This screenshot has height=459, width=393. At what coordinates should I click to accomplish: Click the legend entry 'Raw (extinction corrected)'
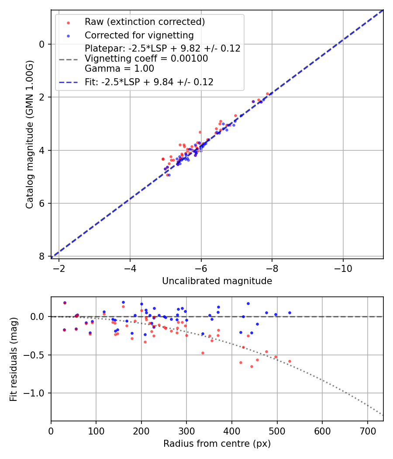pos(145,22)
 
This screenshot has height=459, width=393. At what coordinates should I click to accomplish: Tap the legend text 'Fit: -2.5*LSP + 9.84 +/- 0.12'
pos(149,82)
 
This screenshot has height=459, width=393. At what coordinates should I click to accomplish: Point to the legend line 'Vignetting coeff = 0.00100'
pos(146,59)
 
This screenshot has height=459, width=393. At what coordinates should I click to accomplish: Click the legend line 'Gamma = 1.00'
pos(119,69)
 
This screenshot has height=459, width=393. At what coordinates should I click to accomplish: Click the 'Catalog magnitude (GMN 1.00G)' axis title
pos(29,135)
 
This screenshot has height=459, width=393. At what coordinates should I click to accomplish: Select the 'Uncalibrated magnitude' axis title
pos(217,281)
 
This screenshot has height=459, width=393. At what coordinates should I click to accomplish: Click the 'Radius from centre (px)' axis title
pos(217,444)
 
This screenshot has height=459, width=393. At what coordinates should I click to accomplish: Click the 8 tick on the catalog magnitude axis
pos(41,256)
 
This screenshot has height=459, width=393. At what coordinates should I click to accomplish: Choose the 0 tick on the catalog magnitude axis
pos(41,44)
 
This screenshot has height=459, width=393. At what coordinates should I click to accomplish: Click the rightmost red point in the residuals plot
pos(290,362)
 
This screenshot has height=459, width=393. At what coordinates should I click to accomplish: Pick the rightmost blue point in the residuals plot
pos(290,313)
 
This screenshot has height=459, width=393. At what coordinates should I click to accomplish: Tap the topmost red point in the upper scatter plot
pos(267,94)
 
